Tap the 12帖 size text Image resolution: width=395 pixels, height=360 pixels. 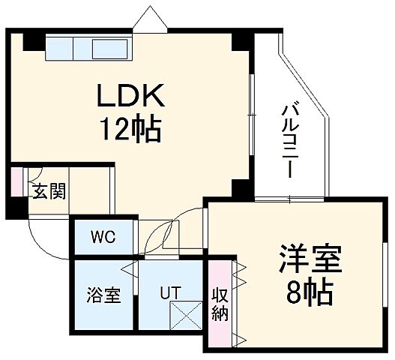coord(131,130)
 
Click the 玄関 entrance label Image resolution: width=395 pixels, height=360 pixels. coord(47,190)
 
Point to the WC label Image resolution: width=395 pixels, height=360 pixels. coord(103,238)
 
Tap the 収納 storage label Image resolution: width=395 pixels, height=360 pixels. coord(220,303)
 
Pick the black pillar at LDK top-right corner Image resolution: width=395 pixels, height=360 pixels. coord(238,40)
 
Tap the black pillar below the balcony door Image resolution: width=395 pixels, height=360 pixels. coord(240,188)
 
